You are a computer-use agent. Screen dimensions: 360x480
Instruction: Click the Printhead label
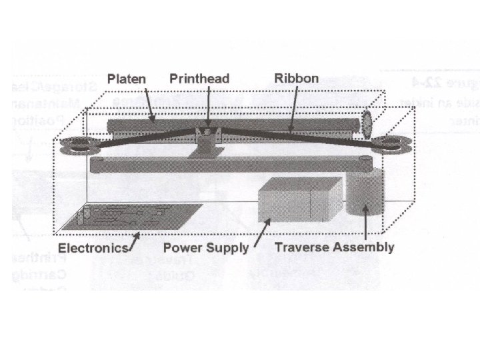(199, 79)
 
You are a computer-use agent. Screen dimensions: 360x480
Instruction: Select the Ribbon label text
(297, 77)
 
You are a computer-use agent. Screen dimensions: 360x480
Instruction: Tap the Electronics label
(93, 248)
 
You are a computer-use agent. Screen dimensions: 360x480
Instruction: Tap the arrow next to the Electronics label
(134, 239)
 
